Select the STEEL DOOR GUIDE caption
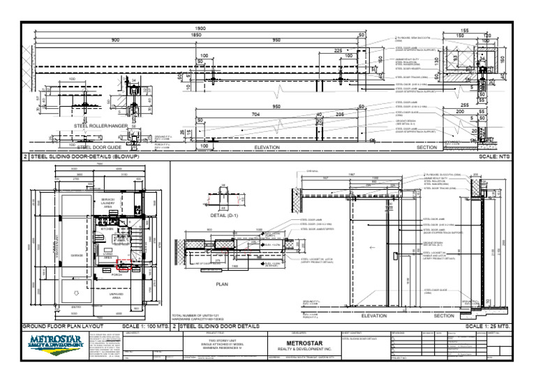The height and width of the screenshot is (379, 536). [x=100, y=148]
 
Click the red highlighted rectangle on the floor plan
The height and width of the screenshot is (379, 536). [x=124, y=264]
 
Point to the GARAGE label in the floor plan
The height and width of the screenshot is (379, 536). [x=77, y=255]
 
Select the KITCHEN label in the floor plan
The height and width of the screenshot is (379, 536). [x=107, y=228]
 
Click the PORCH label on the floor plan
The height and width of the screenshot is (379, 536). [x=117, y=275]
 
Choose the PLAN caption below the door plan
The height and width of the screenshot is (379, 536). [x=223, y=285]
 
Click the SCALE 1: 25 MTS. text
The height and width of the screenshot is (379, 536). [x=489, y=326]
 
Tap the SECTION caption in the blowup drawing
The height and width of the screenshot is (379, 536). [x=426, y=148]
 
